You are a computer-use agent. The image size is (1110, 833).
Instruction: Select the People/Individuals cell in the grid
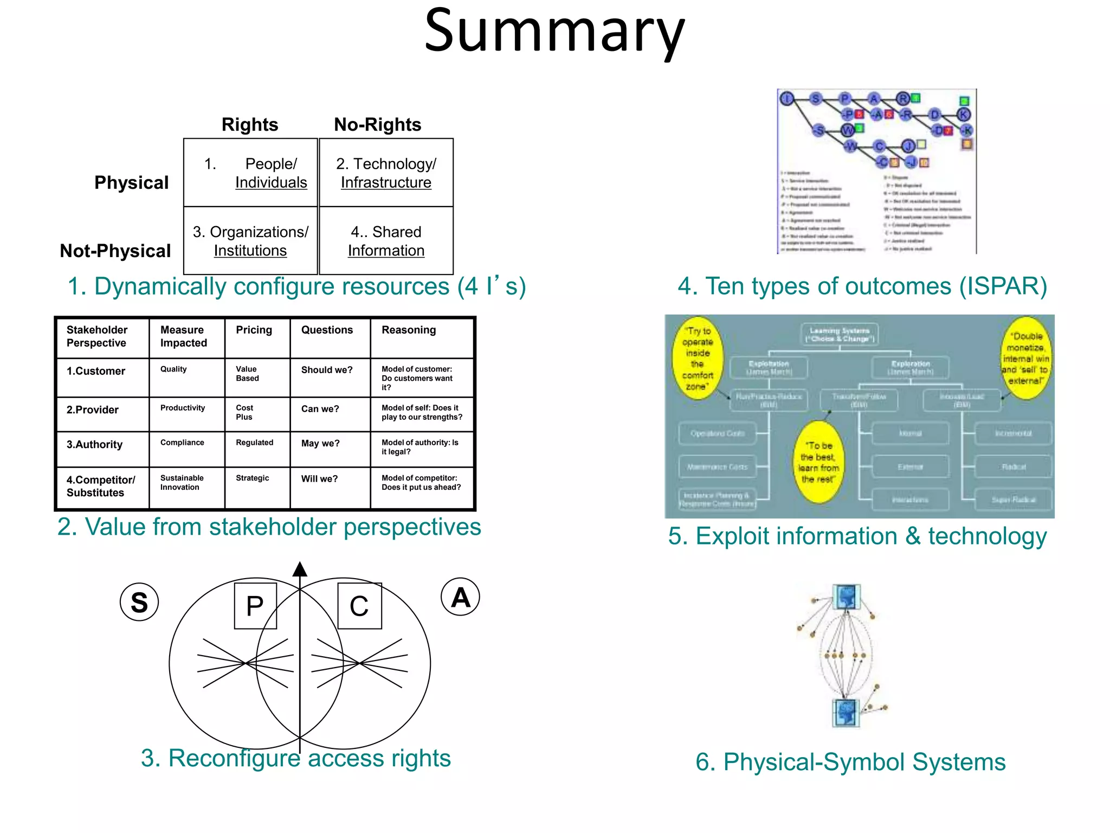(x=250, y=173)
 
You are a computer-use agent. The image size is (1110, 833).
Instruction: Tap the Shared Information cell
(x=386, y=241)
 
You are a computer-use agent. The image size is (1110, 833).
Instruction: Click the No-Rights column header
(x=377, y=125)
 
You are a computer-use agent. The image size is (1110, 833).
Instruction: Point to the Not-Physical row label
(x=115, y=251)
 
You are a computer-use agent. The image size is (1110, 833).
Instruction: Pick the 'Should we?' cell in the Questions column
(x=327, y=370)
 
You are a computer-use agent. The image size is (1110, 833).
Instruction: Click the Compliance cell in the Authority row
(x=182, y=443)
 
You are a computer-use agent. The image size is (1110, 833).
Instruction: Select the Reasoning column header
(x=409, y=330)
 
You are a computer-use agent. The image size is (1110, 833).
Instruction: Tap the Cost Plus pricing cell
(x=244, y=412)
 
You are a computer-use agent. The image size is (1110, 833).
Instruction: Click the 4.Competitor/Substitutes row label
(x=101, y=486)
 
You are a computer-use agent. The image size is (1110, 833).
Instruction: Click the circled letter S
(x=139, y=603)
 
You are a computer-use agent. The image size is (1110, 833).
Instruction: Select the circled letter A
(x=461, y=598)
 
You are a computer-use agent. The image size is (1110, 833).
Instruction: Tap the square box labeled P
(x=255, y=606)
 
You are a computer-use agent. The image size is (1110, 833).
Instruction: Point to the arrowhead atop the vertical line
(x=300, y=569)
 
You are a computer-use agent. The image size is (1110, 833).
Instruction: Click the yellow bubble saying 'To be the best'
(x=819, y=463)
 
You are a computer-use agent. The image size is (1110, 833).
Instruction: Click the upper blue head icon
(x=846, y=597)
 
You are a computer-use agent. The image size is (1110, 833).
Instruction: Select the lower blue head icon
(x=846, y=713)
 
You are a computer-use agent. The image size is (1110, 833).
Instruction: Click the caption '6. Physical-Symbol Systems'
(x=850, y=762)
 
